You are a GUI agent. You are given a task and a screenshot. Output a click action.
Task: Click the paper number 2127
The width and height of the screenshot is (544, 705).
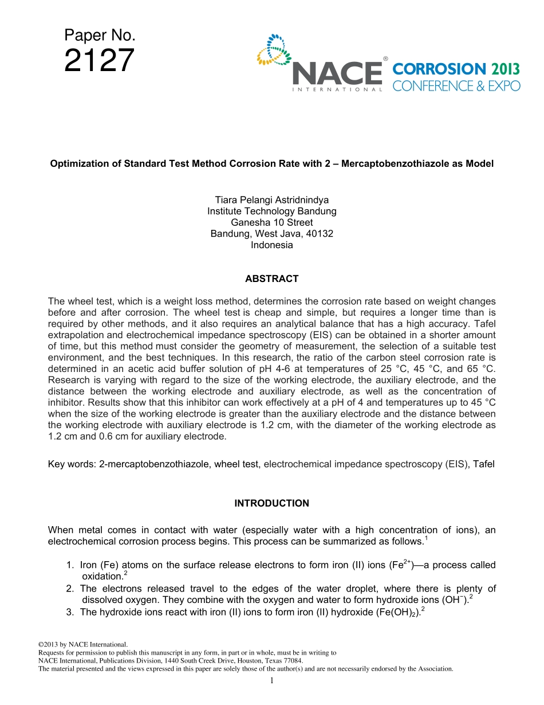(x=100, y=61)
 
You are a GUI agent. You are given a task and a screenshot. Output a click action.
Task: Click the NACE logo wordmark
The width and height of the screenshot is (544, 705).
(x=337, y=73)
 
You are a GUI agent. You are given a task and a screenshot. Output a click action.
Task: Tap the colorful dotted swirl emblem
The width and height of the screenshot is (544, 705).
(x=274, y=50)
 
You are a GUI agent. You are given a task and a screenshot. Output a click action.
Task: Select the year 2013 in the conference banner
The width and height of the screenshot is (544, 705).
(x=505, y=69)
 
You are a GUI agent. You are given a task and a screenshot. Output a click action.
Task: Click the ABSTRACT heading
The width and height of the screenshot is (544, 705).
(x=271, y=279)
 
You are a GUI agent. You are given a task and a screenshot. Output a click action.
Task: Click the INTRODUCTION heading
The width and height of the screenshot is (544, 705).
(x=271, y=503)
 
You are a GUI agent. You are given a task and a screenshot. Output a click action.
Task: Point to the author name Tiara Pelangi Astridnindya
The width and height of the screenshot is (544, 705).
(x=271, y=200)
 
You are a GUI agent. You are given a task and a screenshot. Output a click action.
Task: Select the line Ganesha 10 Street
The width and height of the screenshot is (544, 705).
(x=271, y=222)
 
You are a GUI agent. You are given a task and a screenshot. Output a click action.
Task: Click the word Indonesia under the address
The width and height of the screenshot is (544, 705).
(x=271, y=245)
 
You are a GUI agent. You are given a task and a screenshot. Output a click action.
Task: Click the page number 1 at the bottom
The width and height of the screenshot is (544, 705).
(x=271, y=681)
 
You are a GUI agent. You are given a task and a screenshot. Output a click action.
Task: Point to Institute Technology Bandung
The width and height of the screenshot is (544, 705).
(x=271, y=211)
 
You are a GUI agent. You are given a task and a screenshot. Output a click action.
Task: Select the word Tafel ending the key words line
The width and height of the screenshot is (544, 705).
(x=483, y=464)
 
